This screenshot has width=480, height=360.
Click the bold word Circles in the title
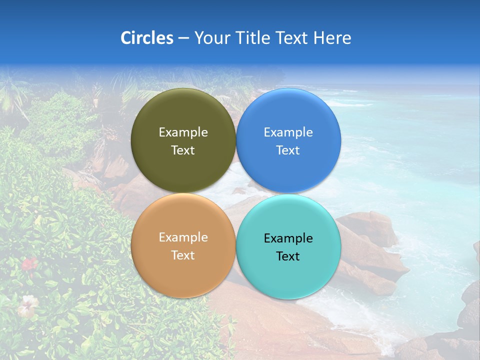click(146, 38)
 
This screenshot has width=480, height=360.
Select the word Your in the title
click(212, 38)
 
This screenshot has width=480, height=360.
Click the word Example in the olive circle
click(183, 132)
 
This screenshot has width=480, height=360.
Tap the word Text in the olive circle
click(183, 150)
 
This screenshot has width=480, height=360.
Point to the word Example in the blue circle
click(288, 132)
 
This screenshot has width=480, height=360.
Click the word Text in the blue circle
click(288, 150)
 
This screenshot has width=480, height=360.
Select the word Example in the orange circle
click(183, 237)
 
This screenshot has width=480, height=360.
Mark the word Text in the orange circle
click(183, 255)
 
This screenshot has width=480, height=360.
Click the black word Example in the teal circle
click(288, 238)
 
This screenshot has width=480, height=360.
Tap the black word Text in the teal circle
click(288, 256)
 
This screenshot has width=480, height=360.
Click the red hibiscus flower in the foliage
click(29, 263)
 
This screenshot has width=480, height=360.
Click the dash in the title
click(183, 38)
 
